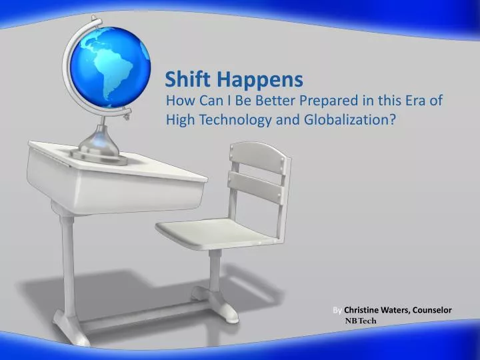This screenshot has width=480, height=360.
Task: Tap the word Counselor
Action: click(x=433, y=310)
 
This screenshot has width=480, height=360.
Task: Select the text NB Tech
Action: click(x=361, y=321)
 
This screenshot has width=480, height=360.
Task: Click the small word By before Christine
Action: click(x=337, y=310)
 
